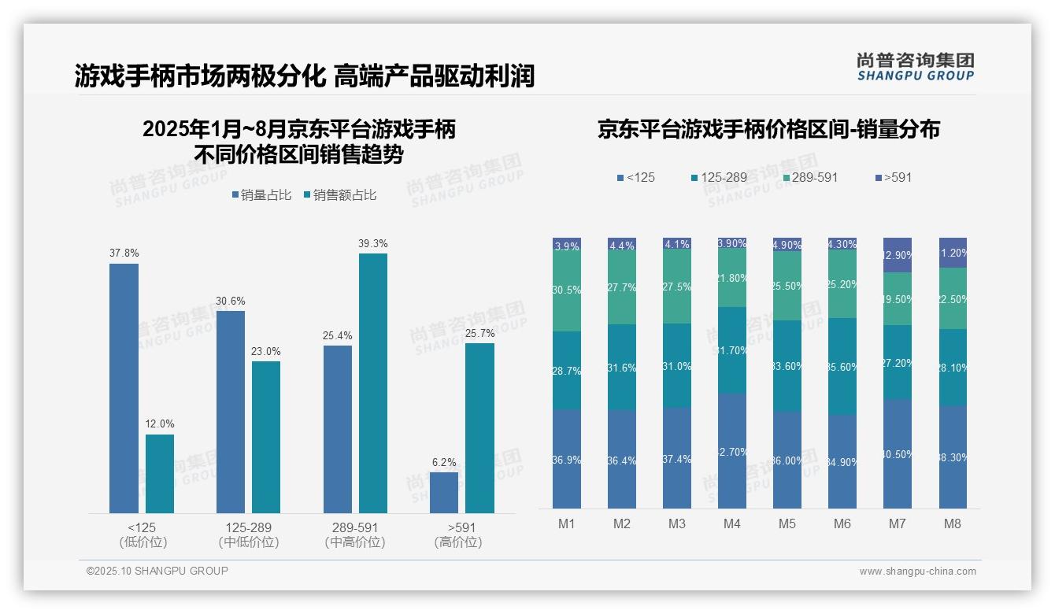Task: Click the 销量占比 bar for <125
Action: (124, 388)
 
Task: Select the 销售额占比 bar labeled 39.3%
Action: (373, 383)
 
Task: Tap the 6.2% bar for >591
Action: (444, 492)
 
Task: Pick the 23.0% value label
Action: (266, 351)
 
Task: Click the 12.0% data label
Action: (160, 424)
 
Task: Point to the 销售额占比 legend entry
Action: (339, 195)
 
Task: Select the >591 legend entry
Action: (892, 177)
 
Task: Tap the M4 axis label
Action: (732, 523)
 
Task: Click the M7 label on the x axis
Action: (898, 523)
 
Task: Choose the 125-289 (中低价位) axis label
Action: (249, 534)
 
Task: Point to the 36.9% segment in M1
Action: (567, 459)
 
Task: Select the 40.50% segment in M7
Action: (898, 453)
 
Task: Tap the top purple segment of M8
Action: (953, 253)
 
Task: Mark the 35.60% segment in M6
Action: (842, 366)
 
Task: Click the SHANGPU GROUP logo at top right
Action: (915, 66)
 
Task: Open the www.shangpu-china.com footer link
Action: (917, 571)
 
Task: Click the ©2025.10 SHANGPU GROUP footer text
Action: (157, 571)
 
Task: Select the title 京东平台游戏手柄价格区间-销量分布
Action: (768, 129)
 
